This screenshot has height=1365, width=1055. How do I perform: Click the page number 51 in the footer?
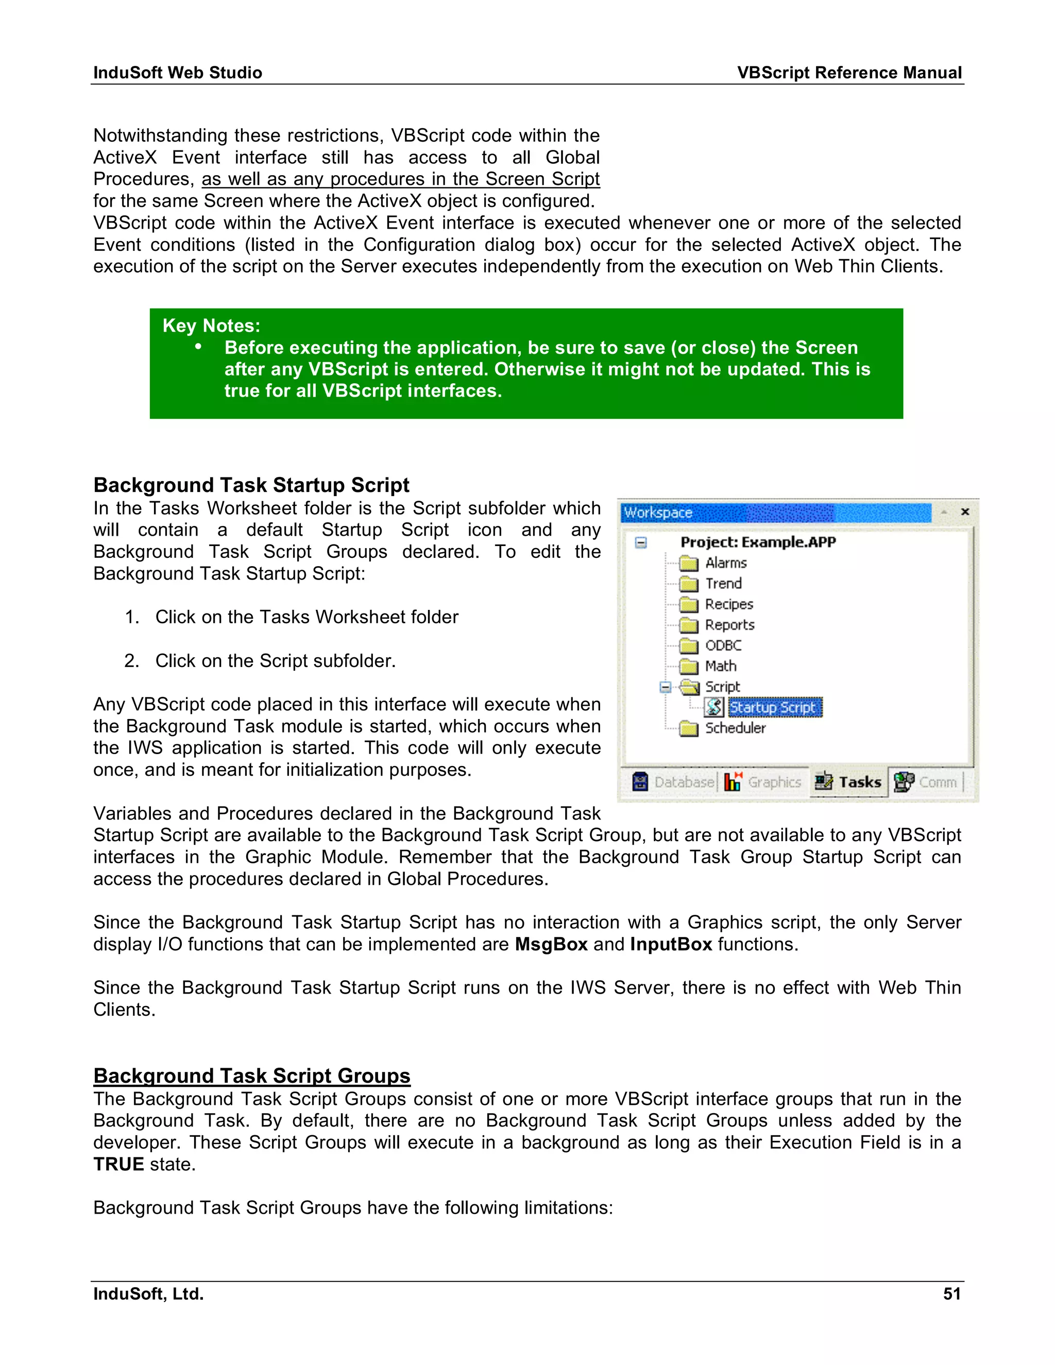(x=951, y=1294)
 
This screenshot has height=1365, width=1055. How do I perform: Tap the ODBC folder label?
(x=723, y=645)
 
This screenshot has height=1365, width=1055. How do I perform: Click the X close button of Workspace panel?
(x=965, y=512)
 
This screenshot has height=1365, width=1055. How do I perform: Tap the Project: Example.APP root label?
(x=757, y=542)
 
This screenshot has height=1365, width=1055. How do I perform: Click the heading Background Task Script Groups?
(x=251, y=1076)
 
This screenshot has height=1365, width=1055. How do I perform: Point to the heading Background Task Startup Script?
(x=251, y=485)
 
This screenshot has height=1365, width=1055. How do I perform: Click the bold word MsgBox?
(x=551, y=944)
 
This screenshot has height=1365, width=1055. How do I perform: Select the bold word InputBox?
(x=671, y=944)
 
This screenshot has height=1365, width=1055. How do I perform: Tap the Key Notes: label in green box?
(x=211, y=326)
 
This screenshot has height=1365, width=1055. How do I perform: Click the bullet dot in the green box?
(x=198, y=346)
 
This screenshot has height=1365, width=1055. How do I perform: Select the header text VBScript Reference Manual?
(x=849, y=73)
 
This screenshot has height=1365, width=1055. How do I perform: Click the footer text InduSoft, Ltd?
(x=148, y=1294)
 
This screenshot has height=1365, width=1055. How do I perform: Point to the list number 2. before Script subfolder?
(x=131, y=661)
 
